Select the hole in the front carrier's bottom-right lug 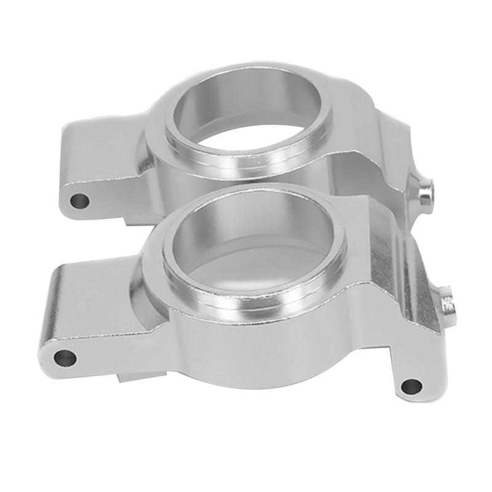coord(411,386)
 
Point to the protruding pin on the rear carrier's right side coord(425,192)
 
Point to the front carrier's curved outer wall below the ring coord(246,351)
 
